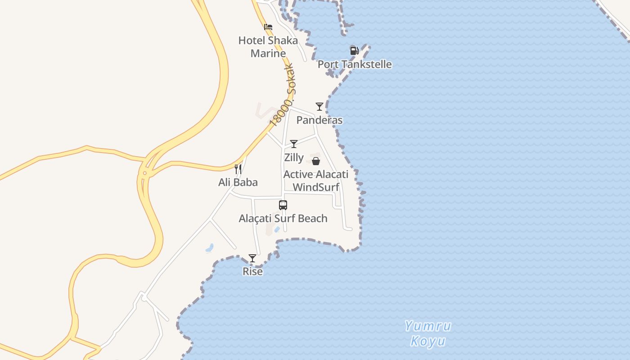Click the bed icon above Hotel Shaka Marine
[x=268, y=27]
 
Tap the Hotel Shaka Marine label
[x=268, y=47]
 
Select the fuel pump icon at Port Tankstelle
[x=354, y=50]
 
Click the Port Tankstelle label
[x=355, y=64]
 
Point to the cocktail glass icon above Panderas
[x=319, y=107]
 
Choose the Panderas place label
[x=319, y=120]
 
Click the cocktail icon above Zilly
[x=294, y=144]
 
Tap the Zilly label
[x=294, y=158]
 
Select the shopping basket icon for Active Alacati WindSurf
[x=316, y=161]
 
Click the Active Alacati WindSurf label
[x=316, y=180]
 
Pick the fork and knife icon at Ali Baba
[x=238, y=169]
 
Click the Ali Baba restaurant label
[x=238, y=182]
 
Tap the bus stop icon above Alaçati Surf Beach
[x=283, y=205]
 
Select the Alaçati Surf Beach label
[x=283, y=219]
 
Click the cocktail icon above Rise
[x=252, y=258]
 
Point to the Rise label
[x=252, y=271]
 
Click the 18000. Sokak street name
[x=282, y=95]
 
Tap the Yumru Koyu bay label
[x=427, y=333]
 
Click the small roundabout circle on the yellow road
[x=144, y=173]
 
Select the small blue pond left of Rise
[x=209, y=247]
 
